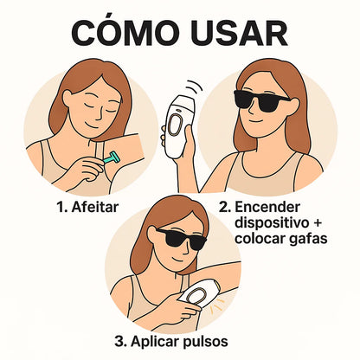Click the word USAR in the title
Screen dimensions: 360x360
pyautogui.click(x=239, y=32)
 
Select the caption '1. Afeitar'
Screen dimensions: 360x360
pyautogui.click(x=87, y=207)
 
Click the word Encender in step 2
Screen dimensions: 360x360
pyautogui.click(x=267, y=207)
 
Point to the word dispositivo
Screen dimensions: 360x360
pyautogui.click(x=270, y=223)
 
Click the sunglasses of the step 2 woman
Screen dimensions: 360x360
pyautogui.click(x=261, y=100)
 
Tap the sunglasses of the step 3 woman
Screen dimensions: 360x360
pyautogui.click(x=181, y=238)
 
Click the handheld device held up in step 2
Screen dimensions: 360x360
pyautogui.click(x=178, y=126)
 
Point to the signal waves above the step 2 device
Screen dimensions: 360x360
pyautogui.click(x=194, y=86)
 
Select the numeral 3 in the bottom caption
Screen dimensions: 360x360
pyautogui.click(x=119, y=342)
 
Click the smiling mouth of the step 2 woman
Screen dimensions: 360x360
pyautogui.click(x=256, y=120)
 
